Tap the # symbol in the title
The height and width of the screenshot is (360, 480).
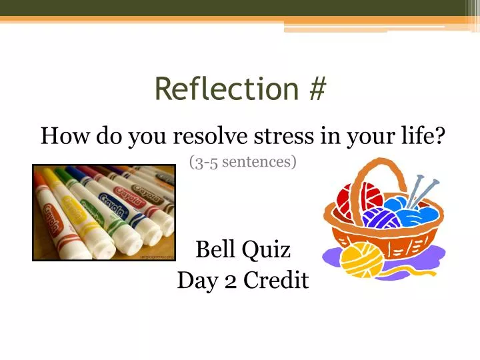(x=317, y=89)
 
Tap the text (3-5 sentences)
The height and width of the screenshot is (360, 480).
(x=243, y=161)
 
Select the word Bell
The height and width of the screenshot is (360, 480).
(x=215, y=249)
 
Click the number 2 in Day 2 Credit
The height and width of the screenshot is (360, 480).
(x=231, y=281)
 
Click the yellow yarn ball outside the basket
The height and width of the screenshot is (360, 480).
(x=362, y=261)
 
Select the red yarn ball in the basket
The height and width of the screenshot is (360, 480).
(x=355, y=199)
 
